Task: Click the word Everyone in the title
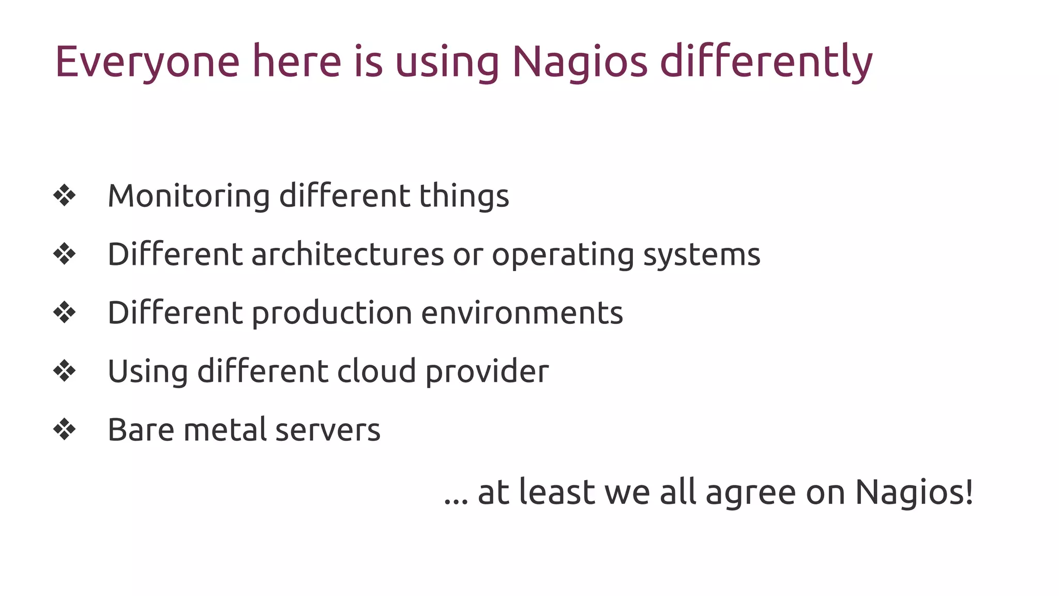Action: tap(147, 62)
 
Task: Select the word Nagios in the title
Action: tap(579, 62)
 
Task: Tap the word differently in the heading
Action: tap(766, 62)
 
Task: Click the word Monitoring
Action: tap(189, 196)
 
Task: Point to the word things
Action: tap(464, 196)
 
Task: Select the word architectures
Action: tap(347, 255)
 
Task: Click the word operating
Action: tap(563, 255)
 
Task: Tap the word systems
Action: tap(702, 255)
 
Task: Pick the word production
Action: tap(331, 313)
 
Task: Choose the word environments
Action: tap(522, 313)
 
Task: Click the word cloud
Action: tap(376, 371)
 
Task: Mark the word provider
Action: tap(487, 371)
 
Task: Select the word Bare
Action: tap(141, 430)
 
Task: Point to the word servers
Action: tap(328, 430)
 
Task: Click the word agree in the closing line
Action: tap(750, 493)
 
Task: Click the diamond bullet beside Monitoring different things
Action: tap(65, 196)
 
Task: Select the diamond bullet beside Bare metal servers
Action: tap(65, 429)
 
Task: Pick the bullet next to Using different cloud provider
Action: tap(65, 371)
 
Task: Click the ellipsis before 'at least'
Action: tap(456, 501)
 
